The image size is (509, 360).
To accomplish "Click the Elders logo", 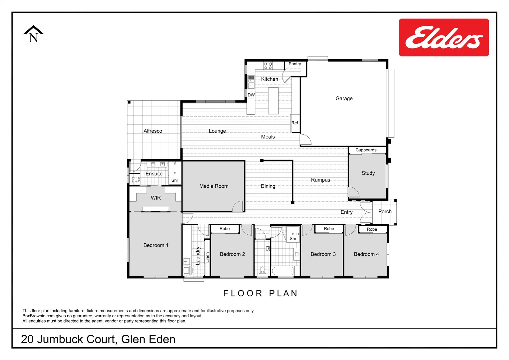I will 444,37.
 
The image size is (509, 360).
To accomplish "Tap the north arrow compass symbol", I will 33,34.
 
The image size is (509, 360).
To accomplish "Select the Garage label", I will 344,98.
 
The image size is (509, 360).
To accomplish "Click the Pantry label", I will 294,64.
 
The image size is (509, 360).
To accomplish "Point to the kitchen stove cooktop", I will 268,65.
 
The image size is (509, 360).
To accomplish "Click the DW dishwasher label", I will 251,95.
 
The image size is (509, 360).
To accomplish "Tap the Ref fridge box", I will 295,123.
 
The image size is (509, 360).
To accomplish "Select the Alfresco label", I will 153,131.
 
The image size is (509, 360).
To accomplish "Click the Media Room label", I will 214,186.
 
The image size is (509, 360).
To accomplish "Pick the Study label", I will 368,173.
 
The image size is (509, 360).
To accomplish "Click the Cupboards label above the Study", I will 366,150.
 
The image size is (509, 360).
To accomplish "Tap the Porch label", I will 385,211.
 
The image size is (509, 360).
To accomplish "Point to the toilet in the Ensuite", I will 136,180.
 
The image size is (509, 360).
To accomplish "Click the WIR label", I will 156,198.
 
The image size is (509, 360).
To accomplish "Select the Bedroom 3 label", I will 323,254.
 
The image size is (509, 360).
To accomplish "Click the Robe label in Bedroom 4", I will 372,229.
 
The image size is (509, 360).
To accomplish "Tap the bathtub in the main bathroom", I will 282,271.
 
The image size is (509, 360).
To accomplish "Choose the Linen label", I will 207,257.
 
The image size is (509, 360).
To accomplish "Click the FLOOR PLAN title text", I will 260,293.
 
